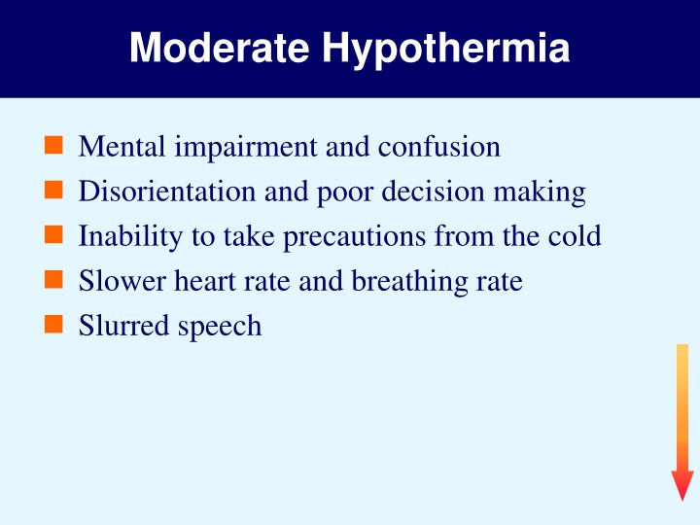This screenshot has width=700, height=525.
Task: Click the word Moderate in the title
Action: tap(222, 48)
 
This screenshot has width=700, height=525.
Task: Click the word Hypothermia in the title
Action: tap(446, 50)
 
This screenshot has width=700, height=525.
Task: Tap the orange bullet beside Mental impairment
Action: tap(54, 147)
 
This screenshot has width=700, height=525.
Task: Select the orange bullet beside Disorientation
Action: tap(54, 192)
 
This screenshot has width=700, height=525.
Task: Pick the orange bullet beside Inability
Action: tap(54, 236)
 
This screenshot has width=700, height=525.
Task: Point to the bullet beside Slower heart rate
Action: tap(54, 281)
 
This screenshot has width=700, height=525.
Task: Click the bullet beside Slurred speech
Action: tap(54, 325)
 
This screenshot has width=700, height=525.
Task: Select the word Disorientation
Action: tap(168, 192)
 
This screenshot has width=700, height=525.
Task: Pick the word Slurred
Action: tap(122, 325)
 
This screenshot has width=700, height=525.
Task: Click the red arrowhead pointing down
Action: tap(682, 484)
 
